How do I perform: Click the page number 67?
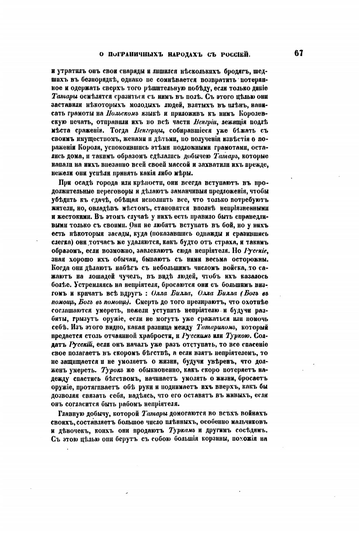(298, 53)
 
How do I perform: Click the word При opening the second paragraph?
(65, 183)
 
